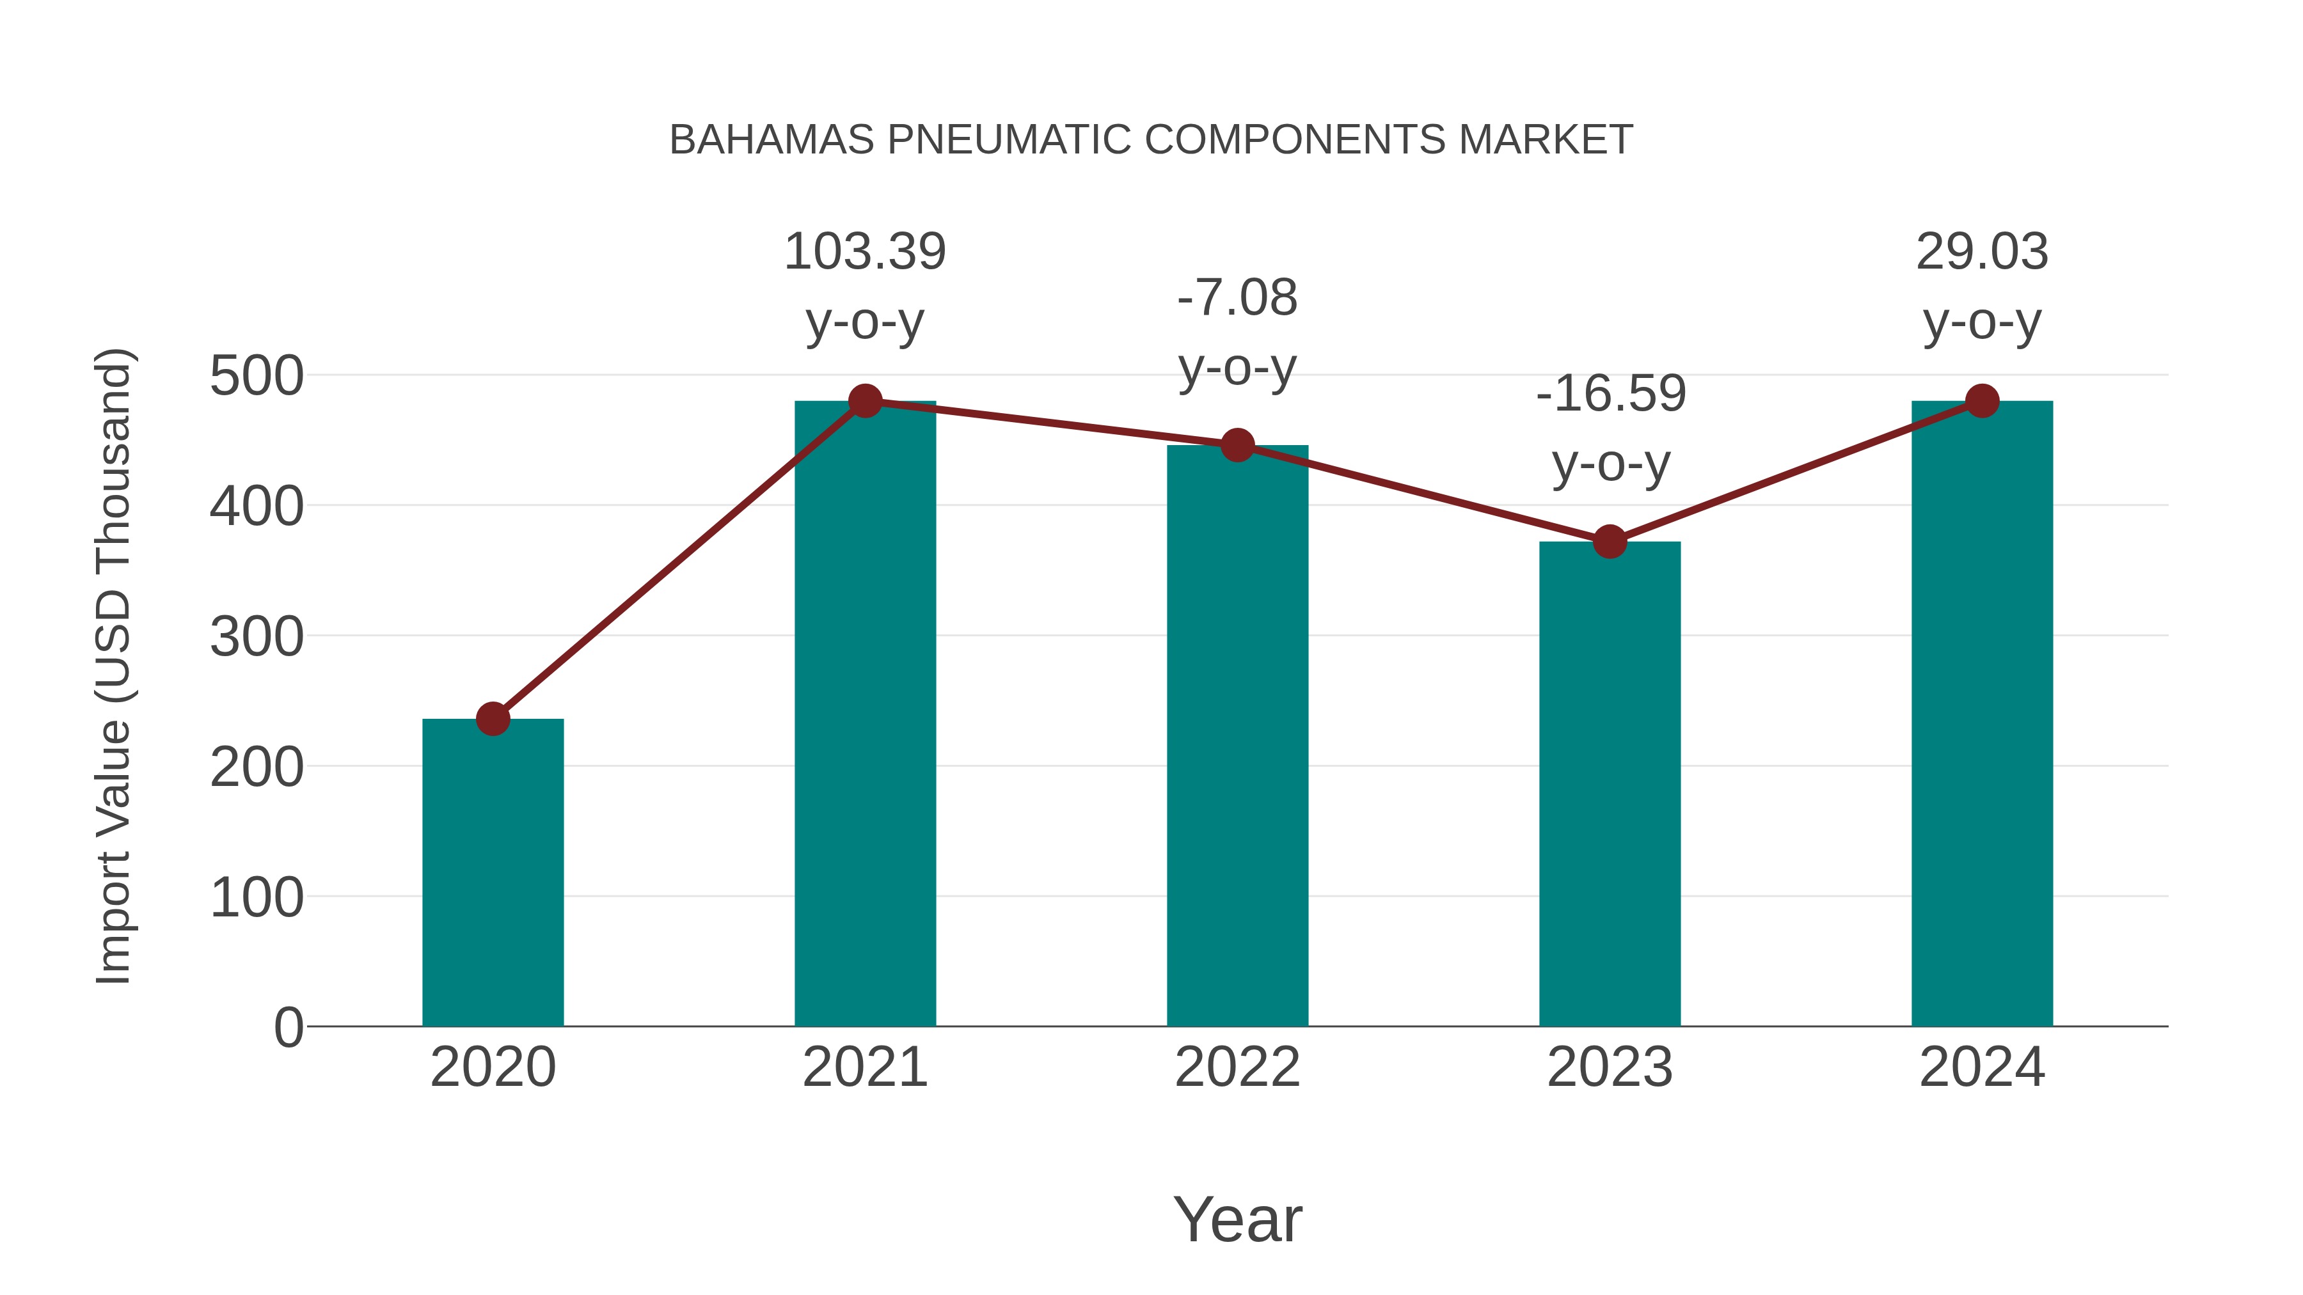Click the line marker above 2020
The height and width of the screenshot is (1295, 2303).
point(493,719)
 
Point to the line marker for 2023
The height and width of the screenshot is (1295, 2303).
point(1610,542)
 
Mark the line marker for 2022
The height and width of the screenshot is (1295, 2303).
point(1237,445)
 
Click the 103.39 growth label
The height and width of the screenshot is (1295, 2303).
point(864,252)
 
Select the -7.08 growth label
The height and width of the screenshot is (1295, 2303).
point(1237,299)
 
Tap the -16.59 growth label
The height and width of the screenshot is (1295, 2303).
point(1610,394)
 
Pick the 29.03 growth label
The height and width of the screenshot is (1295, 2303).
point(1982,252)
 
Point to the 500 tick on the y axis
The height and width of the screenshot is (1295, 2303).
point(257,376)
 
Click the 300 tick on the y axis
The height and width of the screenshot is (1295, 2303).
point(257,637)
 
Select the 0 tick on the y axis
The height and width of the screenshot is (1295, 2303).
point(289,1028)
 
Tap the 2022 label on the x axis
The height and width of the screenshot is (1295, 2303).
point(1237,1067)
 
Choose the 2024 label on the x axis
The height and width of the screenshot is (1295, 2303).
point(1982,1067)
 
